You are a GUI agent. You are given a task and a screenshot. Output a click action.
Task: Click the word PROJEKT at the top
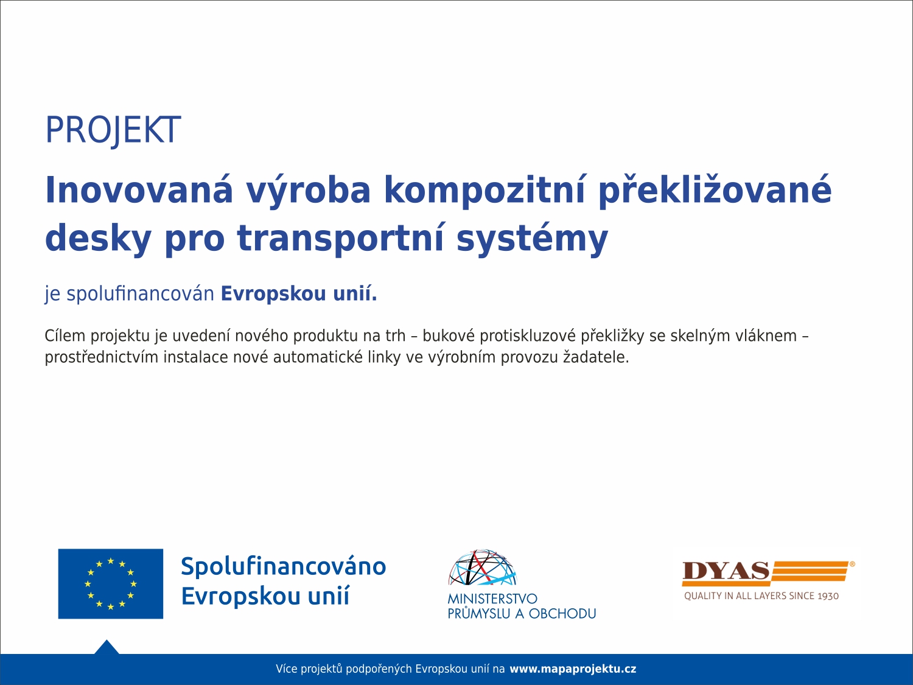[113, 130]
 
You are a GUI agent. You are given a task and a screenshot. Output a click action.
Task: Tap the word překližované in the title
[715, 191]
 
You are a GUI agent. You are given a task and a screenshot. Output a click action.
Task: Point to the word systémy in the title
[532, 239]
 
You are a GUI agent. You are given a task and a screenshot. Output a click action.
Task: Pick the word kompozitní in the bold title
[484, 191]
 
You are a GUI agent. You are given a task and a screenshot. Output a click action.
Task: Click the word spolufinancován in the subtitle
[140, 294]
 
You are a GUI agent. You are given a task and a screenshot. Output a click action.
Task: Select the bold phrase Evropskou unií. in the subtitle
[299, 293]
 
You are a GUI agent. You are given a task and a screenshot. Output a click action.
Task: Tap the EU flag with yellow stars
[111, 583]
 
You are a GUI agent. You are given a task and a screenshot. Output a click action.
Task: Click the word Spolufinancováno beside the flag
[284, 566]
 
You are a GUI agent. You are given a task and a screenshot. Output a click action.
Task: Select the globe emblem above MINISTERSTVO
[483, 567]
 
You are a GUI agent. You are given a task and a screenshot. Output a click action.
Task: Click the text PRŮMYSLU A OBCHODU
[522, 614]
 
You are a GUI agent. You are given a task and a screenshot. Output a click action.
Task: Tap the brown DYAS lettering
[726, 571]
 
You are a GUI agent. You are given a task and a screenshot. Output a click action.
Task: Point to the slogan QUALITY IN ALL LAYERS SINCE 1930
[761, 596]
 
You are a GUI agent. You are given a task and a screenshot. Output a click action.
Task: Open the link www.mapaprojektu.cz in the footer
[573, 669]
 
